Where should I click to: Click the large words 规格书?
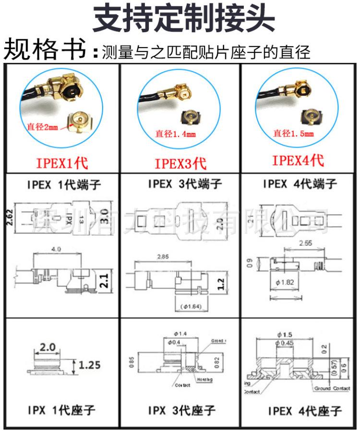[45, 49]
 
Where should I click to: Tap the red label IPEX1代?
[62, 163]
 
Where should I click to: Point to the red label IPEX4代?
[298, 160]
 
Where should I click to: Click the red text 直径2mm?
[42, 127]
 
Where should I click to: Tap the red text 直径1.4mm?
[175, 134]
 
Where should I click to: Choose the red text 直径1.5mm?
[293, 133]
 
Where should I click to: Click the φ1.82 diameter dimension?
[286, 282]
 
